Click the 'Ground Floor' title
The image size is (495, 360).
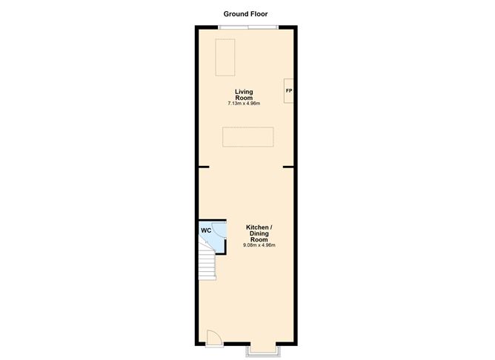pyautogui.click(x=245, y=13)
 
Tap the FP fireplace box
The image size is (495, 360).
pyautogui.click(x=289, y=91)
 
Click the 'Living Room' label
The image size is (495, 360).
pyautogui.click(x=244, y=94)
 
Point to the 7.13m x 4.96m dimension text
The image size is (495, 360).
pyautogui.click(x=244, y=104)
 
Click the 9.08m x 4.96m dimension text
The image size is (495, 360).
pyautogui.click(x=259, y=245)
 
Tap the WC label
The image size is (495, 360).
pyautogui.click(x=206, y=230)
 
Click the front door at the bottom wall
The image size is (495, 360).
pyautogui.click(x=213, y=339)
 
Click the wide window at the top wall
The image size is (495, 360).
pyautogui.click(x=247, y=27)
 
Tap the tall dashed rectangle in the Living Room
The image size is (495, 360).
pyautogui.click(x=225, y=57)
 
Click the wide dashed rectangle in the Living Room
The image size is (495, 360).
pyautogui.click(x=248, y=138)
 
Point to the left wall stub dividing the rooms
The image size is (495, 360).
pyautogui.click(x=203, y=167)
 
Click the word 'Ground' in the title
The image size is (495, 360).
pyautogui.click(x=235, y=13)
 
